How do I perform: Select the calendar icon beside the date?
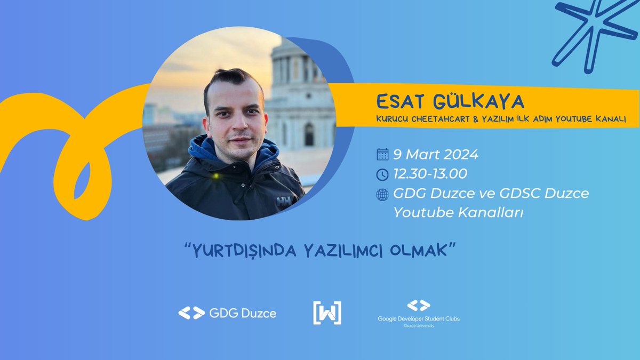382,155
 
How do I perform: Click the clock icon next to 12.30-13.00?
382,174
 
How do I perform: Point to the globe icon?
382,194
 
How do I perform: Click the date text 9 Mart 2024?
436,155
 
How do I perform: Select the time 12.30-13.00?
430,174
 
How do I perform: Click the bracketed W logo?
327,313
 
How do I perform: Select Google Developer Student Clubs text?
418,318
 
